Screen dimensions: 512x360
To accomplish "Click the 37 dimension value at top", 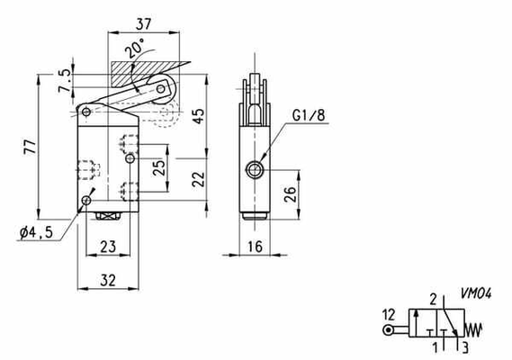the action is [x=144, y=23].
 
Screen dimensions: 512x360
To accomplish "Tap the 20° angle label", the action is [x=135, y=49].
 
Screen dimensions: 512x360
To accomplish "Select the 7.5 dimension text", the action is [x=65, y=80].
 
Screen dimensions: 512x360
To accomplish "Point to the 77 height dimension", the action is [x=30, y=147].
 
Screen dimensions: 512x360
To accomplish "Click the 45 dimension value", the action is [x=198, y=115].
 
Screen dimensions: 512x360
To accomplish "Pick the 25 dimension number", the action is [x=159, y=168].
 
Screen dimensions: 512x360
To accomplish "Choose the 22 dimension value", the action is [x=198, y=179].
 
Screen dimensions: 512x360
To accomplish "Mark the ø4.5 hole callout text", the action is [x=36, y=232].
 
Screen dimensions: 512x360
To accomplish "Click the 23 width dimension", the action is [x=108, y=247].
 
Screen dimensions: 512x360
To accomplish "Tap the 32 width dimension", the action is [x=108, y=280].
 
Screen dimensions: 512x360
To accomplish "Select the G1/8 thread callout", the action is [x=309, y=115].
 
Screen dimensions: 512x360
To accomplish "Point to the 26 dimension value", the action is [x=291, y=194].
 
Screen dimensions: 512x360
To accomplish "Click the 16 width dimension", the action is [x=255, y=247].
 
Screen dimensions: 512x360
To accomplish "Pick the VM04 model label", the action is [x=476, y=293].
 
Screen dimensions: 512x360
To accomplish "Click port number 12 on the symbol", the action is [x=389, y=315].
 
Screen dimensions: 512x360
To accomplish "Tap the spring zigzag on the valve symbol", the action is [x=472, y=330].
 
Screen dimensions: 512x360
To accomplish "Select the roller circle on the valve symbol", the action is [x=388, y=330].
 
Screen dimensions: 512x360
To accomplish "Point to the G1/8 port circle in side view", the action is [x=254, y=170].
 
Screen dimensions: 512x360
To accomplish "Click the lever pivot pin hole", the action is [x=86, y=112].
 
